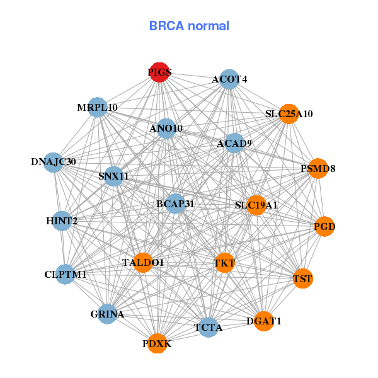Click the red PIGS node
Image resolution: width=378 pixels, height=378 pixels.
tap(159, 72)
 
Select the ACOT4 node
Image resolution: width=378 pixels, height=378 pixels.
tap(229, 79)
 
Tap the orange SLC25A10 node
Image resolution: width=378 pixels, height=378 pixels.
tap(289, 114)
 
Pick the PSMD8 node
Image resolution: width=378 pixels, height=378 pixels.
tap(318, 169)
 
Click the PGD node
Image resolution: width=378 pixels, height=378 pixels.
tap(324, 226)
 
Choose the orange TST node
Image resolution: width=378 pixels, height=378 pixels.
tap(303, 278)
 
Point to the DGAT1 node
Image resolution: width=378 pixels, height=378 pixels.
tap(265, 321)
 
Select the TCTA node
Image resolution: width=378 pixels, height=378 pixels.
tap(209, 328)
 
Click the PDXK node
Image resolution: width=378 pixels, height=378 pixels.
tap(157, 343)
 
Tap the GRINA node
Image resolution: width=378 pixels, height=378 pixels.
tap(107, 314)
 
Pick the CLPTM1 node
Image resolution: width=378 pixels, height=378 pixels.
tap(66, 275)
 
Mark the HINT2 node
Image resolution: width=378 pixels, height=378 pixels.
tap(62, 221)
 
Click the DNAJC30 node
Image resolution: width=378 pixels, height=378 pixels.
tap(54, 162)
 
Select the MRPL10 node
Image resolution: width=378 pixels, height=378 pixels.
tap(97, 108)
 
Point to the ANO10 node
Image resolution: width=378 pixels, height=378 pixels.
tap(166, 129)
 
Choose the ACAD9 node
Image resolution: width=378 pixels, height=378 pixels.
tap(234, 144)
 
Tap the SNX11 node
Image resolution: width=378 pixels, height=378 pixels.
tap(113, 176)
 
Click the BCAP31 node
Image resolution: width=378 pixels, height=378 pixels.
tap(175, 204)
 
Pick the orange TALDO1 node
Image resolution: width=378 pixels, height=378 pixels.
tap(143, 262)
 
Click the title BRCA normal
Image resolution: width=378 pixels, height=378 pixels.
tap(189, 26)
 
